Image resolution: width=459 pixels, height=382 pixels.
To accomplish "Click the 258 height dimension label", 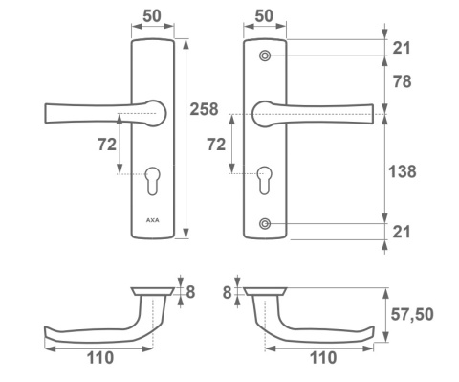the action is coord(204,109).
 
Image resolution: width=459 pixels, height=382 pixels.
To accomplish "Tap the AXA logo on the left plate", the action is coord(153,220).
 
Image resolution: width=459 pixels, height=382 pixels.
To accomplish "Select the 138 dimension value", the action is coord(403,171).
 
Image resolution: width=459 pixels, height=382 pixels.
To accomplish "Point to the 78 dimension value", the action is coord(402,81).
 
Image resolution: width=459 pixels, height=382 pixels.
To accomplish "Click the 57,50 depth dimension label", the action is coord(412,314).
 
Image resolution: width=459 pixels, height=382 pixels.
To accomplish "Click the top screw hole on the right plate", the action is coord(265,56).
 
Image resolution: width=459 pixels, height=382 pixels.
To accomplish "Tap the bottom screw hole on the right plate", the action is coord(265,224).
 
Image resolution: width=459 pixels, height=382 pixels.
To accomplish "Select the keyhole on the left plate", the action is coord(152,181).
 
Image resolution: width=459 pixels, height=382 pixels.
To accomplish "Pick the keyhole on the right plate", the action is coord(265,181).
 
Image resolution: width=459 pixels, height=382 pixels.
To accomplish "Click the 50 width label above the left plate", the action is coord(152,16).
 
